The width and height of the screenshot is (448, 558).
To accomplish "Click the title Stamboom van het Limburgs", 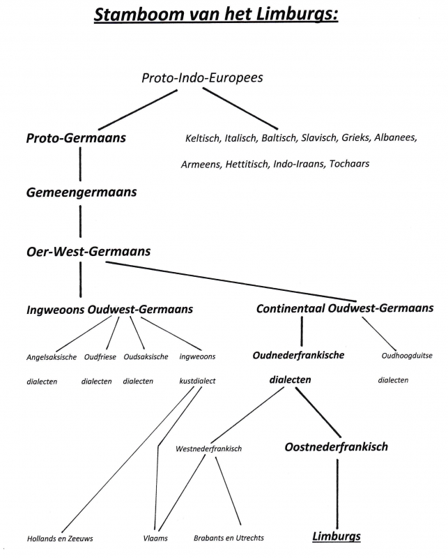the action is click(x=216, y=15).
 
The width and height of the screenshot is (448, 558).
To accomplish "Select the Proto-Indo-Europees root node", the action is click(x=202, y=78).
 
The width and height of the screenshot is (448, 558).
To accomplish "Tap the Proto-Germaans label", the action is click(x=76, y=138).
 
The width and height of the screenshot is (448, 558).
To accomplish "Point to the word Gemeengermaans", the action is click(x=82, y=193).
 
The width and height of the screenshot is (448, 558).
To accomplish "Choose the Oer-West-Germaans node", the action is click(x=88, y=252).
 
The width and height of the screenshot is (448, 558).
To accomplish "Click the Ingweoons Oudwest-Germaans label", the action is click(x=110, y=310).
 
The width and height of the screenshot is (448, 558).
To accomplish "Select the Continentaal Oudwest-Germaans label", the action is click(x=345, y=308).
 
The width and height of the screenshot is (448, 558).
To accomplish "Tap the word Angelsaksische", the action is click(x=52, y=357).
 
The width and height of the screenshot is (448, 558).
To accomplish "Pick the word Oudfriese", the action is click(x=100, y=357).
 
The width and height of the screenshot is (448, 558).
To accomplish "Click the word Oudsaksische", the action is click(x=146, y=356).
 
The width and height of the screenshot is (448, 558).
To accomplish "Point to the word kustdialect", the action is click(x=197, y=381).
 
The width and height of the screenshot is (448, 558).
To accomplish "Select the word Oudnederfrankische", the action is click(x=298, y=355).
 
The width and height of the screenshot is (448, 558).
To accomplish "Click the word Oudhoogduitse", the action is click(x=407, y=356).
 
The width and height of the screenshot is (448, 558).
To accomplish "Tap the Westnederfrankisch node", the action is click(x=209, y=448).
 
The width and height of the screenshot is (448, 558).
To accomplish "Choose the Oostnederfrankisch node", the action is click(x=336, y=447).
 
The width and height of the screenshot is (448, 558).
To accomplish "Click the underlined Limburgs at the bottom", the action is click(x=337, y=536).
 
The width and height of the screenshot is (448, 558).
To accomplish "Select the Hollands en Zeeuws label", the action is click(x=60, y=538).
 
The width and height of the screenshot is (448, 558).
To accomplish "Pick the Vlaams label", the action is click(x=155, y=538).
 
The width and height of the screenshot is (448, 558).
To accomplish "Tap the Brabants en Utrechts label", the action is click(x=229, y=538).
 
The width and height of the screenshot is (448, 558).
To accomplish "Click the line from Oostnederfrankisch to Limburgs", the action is click(x=337, y=494).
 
